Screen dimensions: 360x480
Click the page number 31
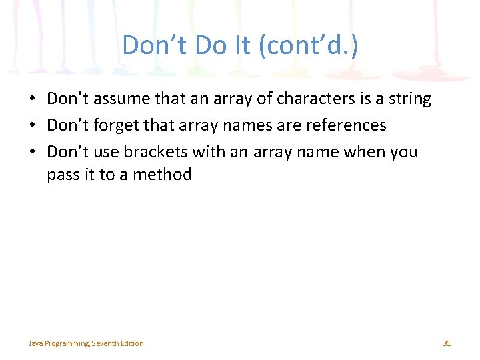click(x=447, y=343)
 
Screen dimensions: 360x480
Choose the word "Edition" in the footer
click(x=132, y=343)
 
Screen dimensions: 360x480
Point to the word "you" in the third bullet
click(x=405, y=152)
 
